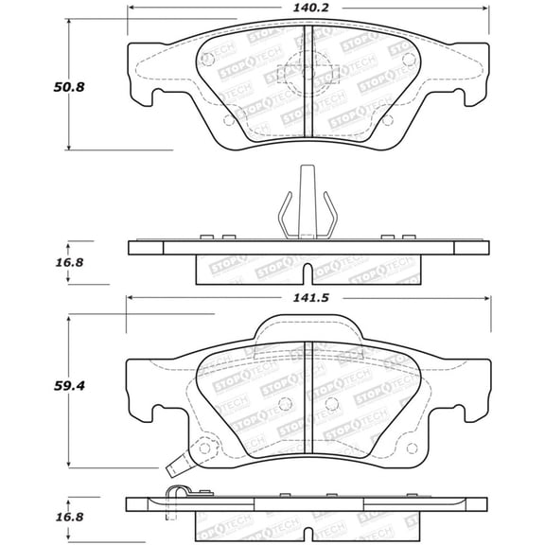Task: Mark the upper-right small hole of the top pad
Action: (408, 60)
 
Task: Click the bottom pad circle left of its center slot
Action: (285, 405)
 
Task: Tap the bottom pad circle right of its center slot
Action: (330, 405)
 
